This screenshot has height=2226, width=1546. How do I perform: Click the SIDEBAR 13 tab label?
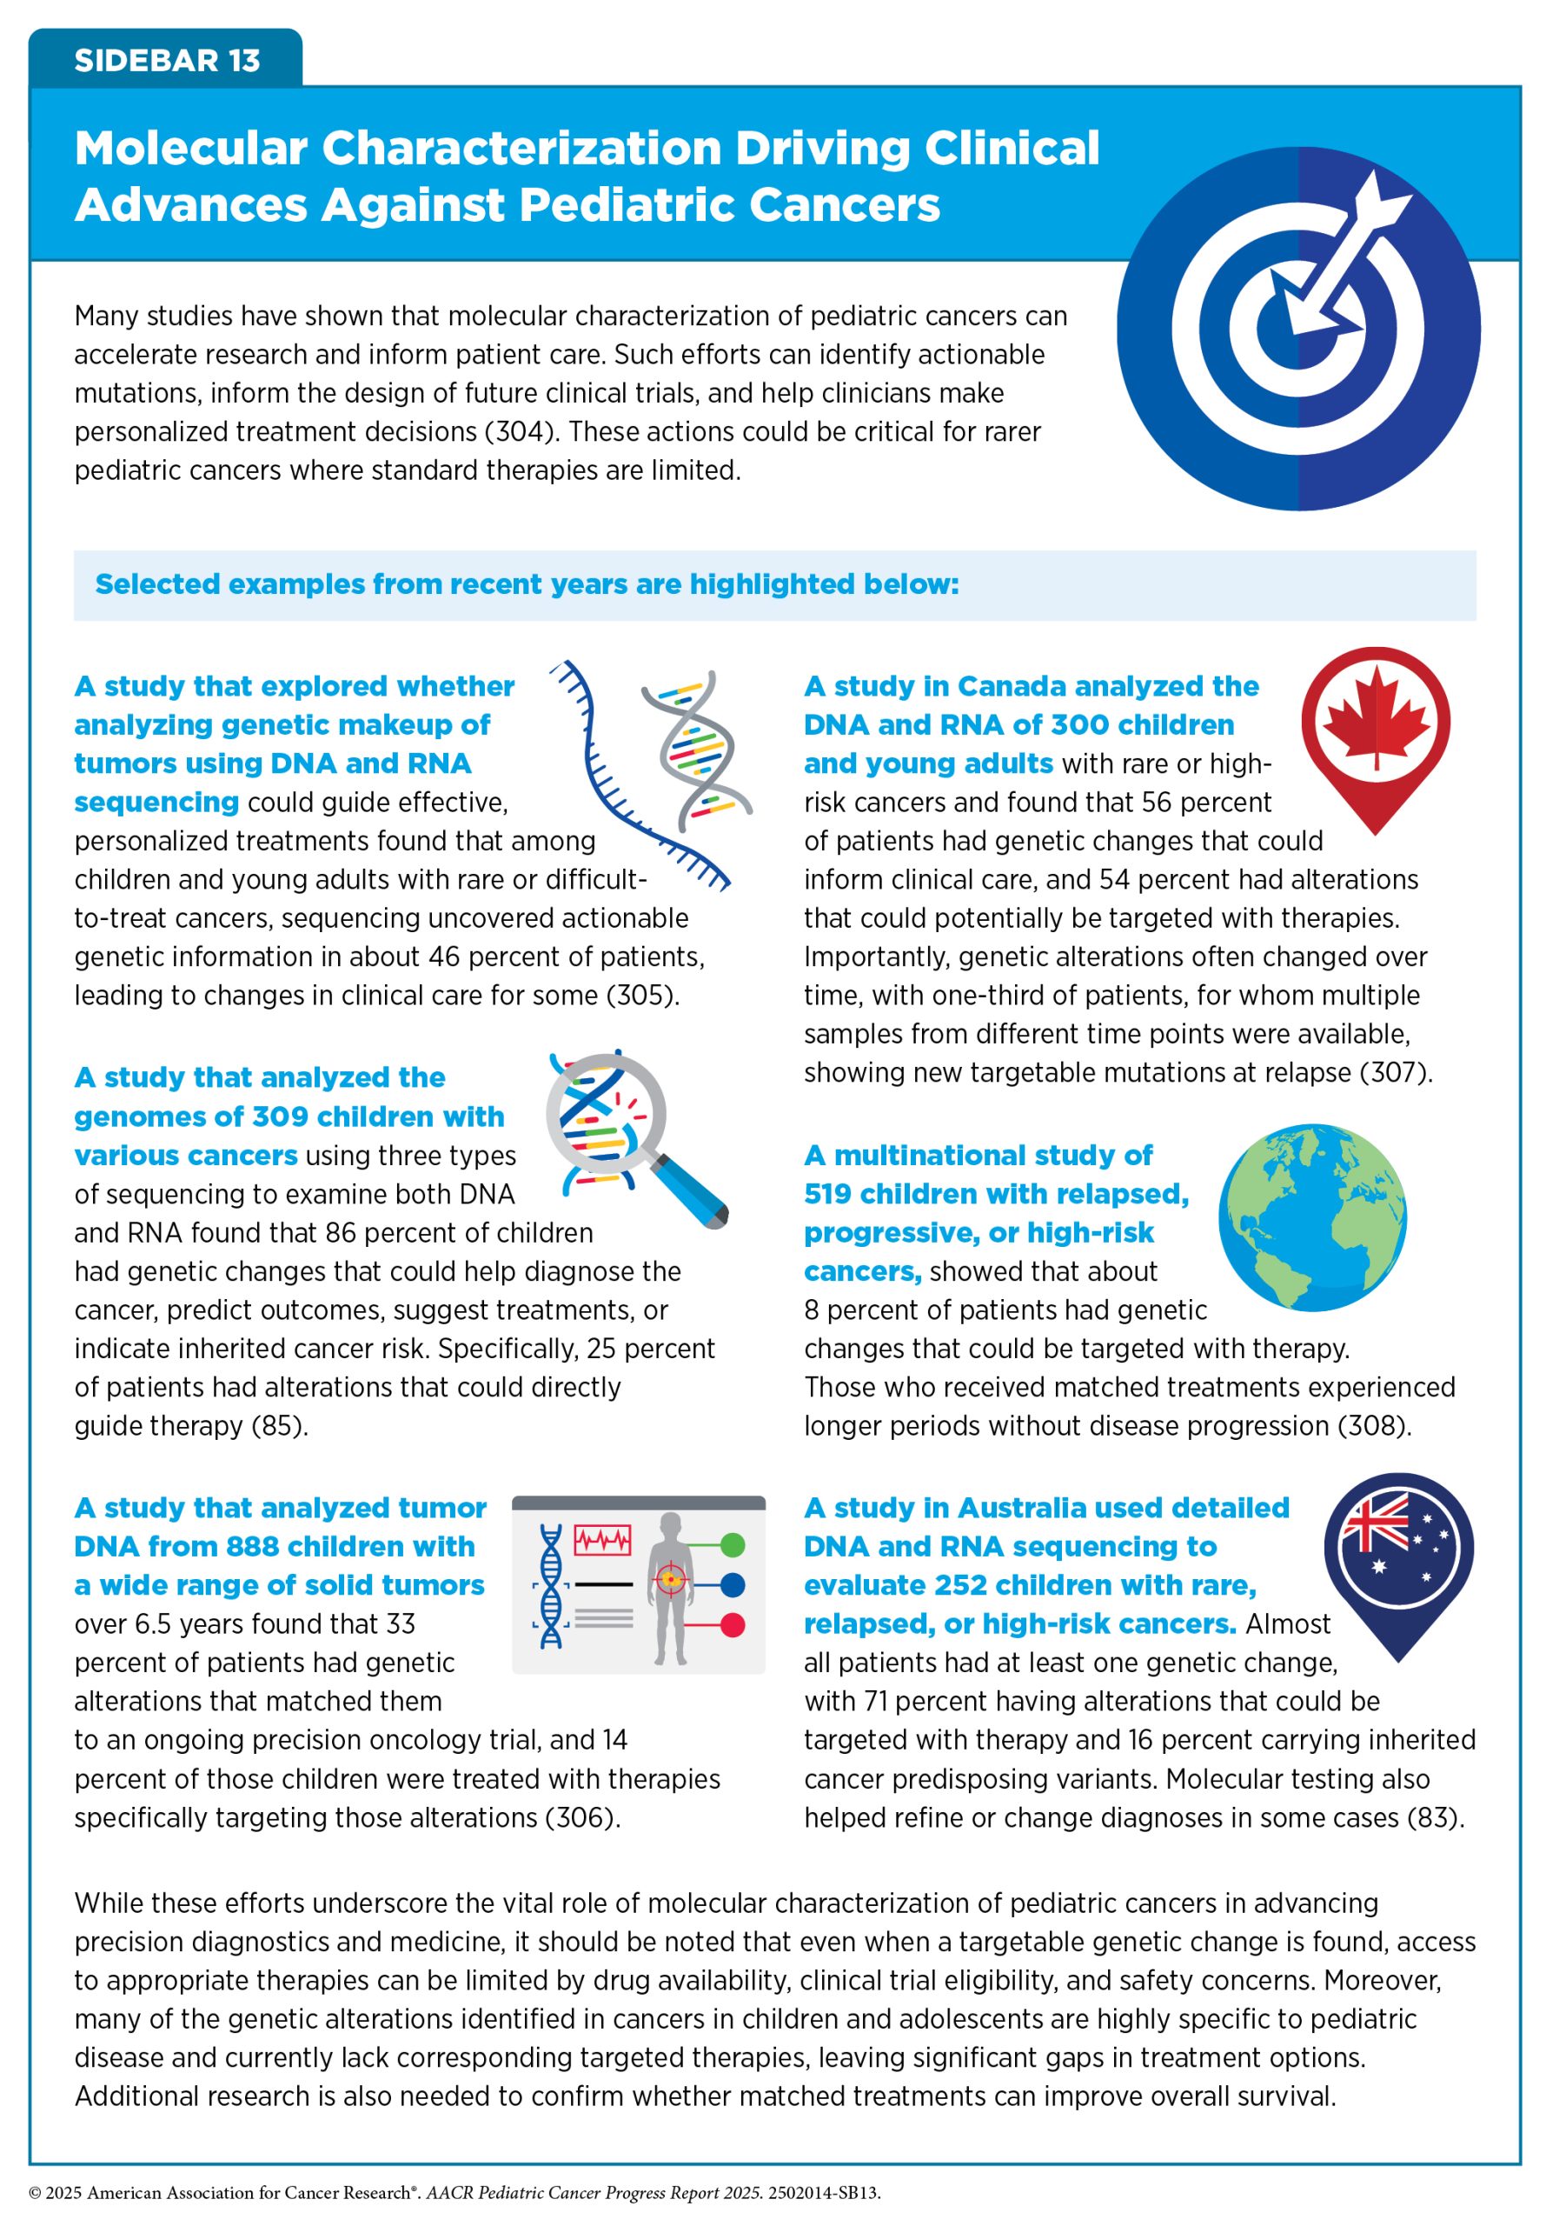167,60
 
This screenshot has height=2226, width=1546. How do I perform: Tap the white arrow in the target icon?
1337,253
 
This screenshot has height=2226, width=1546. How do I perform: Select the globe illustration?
1312,1217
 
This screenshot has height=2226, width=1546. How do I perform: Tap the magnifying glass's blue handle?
690,1190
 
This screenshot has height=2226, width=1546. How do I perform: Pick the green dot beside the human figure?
733,1545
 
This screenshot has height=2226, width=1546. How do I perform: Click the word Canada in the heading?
1014,686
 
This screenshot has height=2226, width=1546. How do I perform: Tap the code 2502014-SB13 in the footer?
823,2193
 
